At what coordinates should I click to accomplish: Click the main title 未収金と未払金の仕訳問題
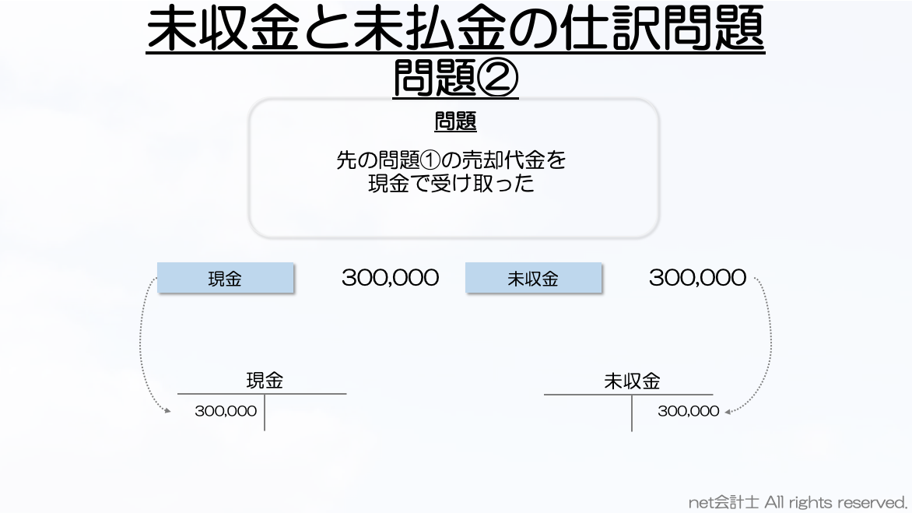[x=455, y=29]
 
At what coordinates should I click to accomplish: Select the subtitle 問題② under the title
[x=455, y=78]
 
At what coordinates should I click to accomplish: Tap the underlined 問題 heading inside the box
[x=455, y=121]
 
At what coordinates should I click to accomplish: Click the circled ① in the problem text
[x=430, y=160]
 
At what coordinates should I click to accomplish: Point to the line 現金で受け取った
[x=451, y=184]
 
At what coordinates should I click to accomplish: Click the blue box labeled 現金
[x=225, y=278]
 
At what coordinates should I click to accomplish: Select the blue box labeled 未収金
[x=533, y=278]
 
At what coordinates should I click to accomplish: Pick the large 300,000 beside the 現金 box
[x=391, y=278]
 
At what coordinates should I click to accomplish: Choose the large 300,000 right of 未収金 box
[x=697, y=278]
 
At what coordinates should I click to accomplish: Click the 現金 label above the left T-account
[x=265, y=381]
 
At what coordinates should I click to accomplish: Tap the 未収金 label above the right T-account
[x=632, y=381]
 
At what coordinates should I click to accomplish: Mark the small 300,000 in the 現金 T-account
[x=226, y=411]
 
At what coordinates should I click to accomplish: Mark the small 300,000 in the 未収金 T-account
[x=689, y=411]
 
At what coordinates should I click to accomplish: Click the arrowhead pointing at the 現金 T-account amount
[x=167, y=410]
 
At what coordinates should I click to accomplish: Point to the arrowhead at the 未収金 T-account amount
[x=728, y=412]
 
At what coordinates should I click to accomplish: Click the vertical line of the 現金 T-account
[x=265, y=413]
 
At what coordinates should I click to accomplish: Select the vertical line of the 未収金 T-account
[x=632, y=413]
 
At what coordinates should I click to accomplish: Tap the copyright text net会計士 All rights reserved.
[x=798, y=502]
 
